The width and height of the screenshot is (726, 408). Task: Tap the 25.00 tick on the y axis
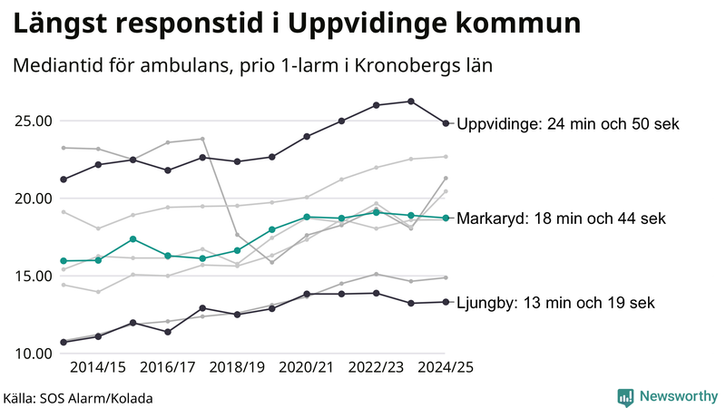33,121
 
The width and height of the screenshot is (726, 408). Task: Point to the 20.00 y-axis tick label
33,199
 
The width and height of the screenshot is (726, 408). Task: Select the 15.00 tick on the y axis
33,276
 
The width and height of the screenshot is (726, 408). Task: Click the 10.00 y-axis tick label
33,354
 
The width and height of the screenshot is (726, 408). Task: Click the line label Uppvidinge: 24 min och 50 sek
568,124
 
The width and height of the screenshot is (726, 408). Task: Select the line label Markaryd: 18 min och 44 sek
561,219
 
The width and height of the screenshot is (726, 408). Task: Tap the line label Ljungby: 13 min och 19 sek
555,303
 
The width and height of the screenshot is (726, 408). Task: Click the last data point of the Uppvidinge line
446,123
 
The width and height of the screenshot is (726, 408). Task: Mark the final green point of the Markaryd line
446,218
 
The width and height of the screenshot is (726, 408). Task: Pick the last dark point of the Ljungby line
446,302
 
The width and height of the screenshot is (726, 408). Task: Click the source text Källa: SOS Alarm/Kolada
78,398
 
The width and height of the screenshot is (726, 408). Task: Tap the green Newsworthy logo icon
625,396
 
